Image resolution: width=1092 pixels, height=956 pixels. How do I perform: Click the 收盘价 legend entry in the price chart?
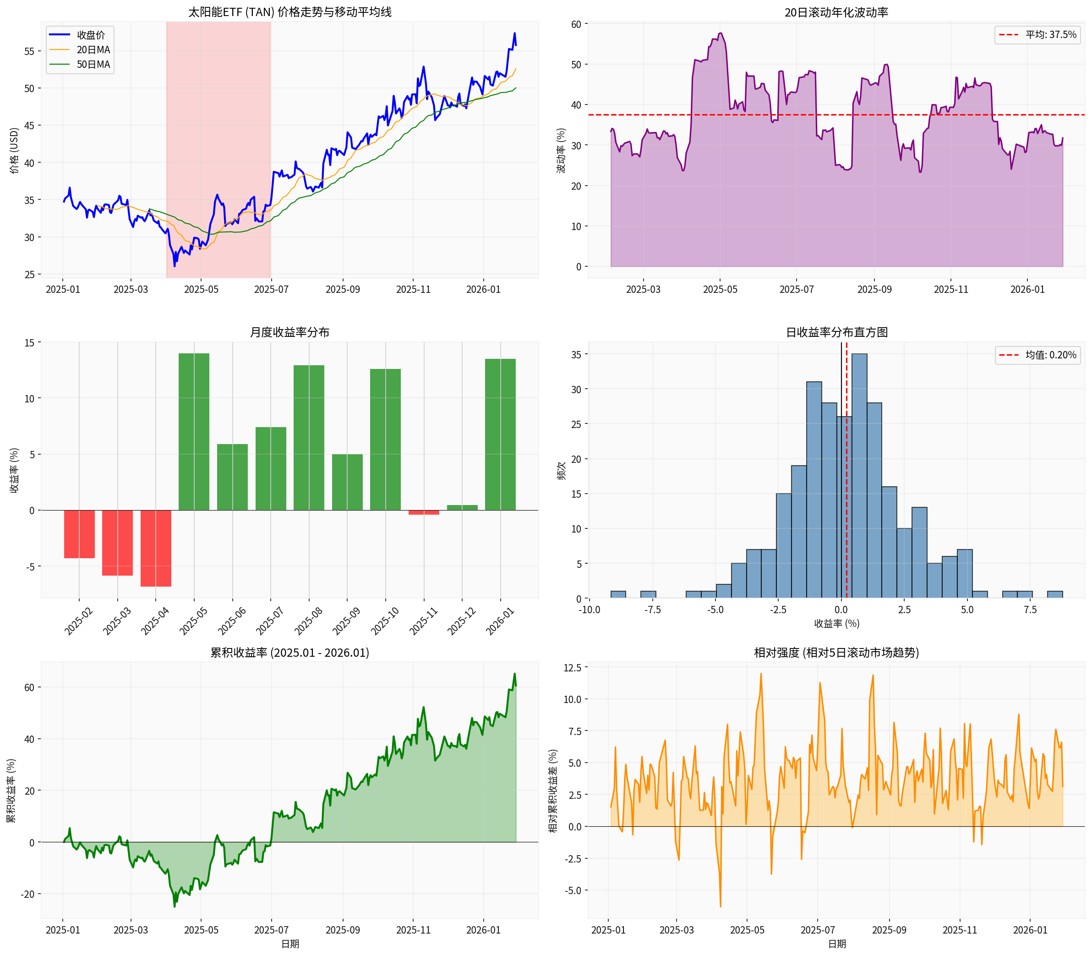(x=91, y=35)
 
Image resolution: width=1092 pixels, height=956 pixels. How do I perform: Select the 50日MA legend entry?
(x=93, y=65)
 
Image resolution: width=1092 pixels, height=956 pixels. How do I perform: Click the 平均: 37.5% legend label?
(x=1050, y=35)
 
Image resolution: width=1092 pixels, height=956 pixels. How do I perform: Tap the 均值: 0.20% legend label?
(x=1050, y=355)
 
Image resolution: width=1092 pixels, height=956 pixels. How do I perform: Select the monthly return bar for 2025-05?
(x=194, y=432)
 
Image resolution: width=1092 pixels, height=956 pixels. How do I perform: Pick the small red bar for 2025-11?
(x=424, y=512)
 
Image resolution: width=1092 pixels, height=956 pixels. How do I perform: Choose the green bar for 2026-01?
(x=500, y=434)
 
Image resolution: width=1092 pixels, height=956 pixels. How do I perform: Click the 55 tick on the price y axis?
(x=29, y=51)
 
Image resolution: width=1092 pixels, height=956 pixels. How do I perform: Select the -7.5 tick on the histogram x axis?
(x=652, y=610)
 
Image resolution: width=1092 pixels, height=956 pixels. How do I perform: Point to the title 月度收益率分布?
(x=289, y=332)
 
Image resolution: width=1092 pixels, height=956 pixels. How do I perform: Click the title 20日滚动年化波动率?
(x=836, y=12)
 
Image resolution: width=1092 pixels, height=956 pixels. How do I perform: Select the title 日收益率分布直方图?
(x=836, y=332)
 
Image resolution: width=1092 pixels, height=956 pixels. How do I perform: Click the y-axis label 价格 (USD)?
(x=14, y=150)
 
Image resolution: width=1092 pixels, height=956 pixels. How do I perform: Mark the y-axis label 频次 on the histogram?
(x=562, y=471)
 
